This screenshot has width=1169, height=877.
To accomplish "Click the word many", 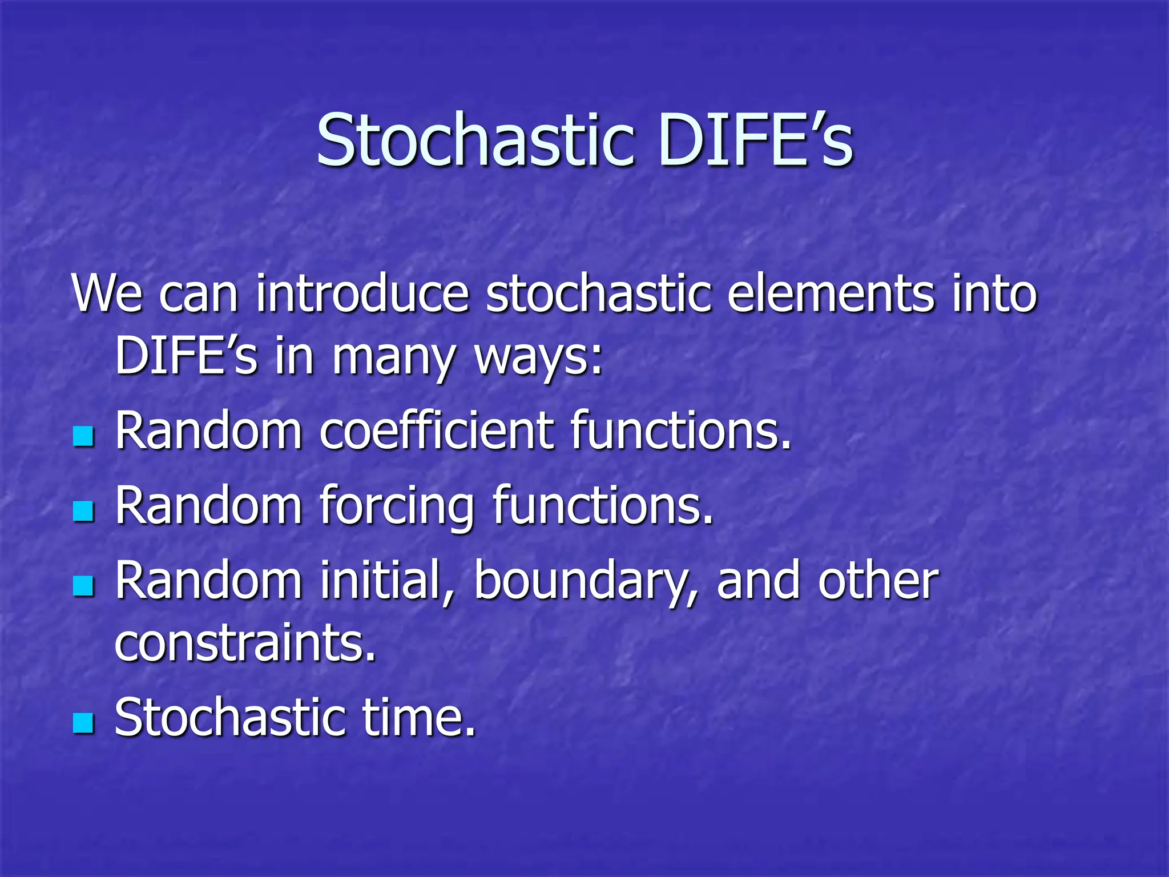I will pyautogui.click(x=394, y=357).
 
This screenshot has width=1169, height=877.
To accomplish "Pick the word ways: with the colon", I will pyautogui.click(x=539, y=357).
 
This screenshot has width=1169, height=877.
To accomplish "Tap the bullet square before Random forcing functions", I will pyautogui.click(x=83, y=512).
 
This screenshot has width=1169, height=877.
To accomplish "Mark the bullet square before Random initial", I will pyautogui.click(x=83, y=586).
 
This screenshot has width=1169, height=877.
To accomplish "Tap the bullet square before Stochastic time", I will pyautogui.click(x=83, y=723).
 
